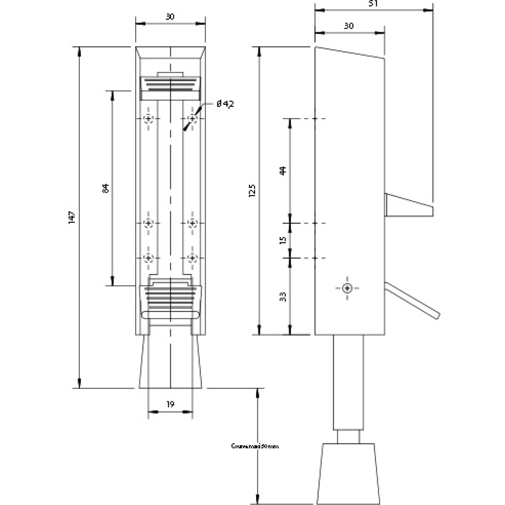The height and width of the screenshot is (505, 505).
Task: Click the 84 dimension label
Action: pos(106,188)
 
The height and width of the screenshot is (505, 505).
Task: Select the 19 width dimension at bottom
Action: pos(170,405)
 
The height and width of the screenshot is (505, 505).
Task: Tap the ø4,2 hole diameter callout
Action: pos(225,104)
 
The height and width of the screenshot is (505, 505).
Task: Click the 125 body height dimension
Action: pos(252,190)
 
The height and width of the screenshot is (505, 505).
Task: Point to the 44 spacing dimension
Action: pos(283,170)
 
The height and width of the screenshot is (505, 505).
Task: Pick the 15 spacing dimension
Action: pos(283,240)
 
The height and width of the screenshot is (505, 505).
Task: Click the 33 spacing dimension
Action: pos(283,296)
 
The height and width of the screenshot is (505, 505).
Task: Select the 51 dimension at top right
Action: pos(374,3)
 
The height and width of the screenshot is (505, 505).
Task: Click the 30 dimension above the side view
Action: pos(349,26)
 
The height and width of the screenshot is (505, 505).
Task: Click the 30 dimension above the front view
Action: pos(170,17)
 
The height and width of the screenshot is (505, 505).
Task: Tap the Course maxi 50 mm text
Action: pos(255,446)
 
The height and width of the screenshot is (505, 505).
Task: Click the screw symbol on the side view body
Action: pos(348,288)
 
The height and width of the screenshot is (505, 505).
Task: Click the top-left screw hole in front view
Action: pos(149,119)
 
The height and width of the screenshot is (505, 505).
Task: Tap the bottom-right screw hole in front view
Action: pos(192,258)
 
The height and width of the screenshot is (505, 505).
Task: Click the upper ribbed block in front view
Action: pos(170,87)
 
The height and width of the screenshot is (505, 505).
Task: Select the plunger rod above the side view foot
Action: pos(348,381)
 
